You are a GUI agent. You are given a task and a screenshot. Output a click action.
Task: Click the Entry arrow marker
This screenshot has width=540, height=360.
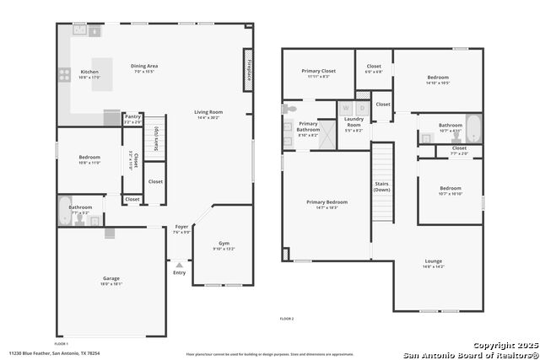179,266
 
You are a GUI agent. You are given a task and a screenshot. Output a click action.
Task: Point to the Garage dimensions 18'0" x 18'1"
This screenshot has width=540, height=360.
111,284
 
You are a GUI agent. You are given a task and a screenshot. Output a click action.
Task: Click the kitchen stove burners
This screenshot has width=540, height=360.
63,74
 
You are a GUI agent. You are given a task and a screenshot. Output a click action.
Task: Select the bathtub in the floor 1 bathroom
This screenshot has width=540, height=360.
65,212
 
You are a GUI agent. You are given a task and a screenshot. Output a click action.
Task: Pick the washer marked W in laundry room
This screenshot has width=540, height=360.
345,109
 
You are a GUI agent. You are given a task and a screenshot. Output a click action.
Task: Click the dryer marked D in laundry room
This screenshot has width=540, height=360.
362,109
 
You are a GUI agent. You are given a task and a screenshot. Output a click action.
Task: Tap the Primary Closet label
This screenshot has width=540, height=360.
318,71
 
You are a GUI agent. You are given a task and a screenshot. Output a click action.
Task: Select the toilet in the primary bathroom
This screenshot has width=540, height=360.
289,109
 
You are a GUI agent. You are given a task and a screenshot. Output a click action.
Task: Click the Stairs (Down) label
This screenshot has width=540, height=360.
382,185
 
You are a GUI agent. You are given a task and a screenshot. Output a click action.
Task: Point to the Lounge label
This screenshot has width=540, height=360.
433,261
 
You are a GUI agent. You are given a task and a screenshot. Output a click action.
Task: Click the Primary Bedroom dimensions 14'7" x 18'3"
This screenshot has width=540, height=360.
326,207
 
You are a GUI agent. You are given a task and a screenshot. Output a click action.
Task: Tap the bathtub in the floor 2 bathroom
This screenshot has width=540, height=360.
472,128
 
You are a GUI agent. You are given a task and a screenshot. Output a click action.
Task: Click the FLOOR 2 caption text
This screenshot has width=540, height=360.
287,319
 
